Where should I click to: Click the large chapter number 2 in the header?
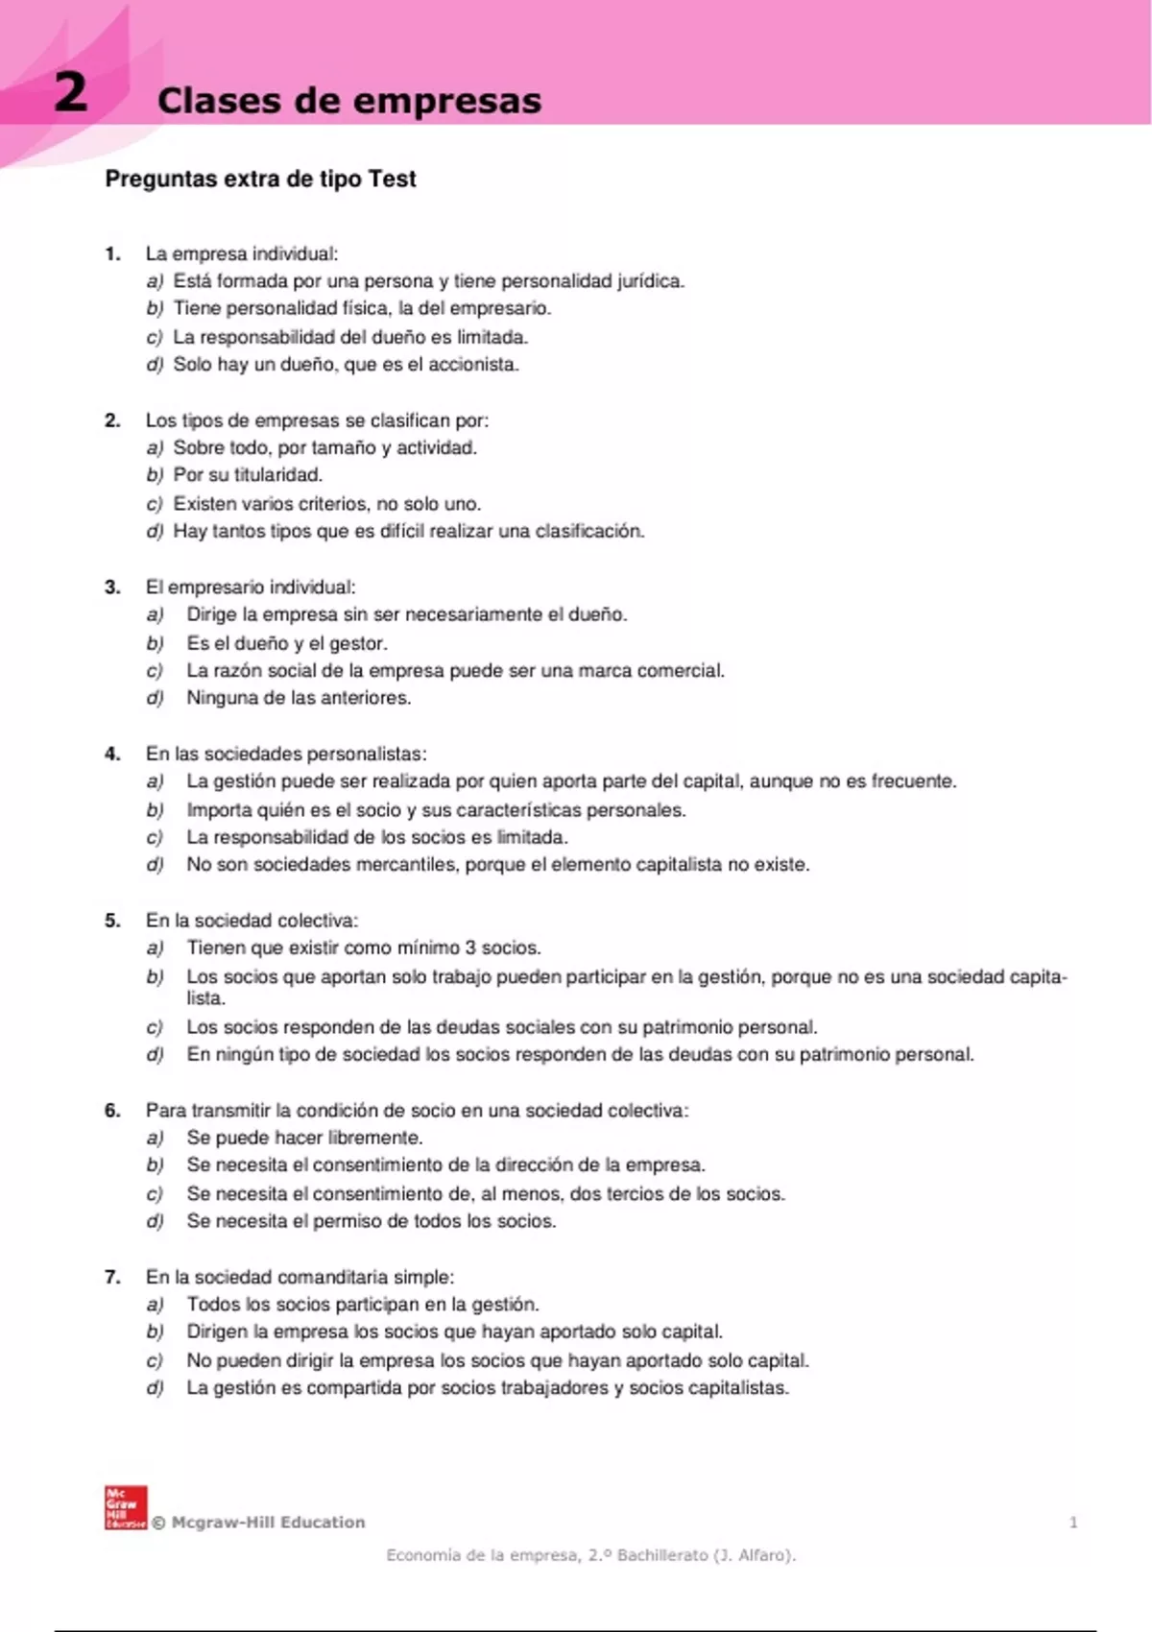coord(70,93)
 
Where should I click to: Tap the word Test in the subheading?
coord(393,180)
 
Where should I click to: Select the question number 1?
coord(112,254)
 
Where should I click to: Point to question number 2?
coord(112,420)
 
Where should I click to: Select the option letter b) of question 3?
coord(155,643)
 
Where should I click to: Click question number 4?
coord(112,755)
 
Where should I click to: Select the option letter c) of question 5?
coord(155,1027)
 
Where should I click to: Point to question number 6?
coord(112,1111)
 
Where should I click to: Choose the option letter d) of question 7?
coord(155,1388)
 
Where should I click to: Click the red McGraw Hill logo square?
coord(125,1507)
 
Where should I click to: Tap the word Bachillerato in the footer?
coord(661,1555)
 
